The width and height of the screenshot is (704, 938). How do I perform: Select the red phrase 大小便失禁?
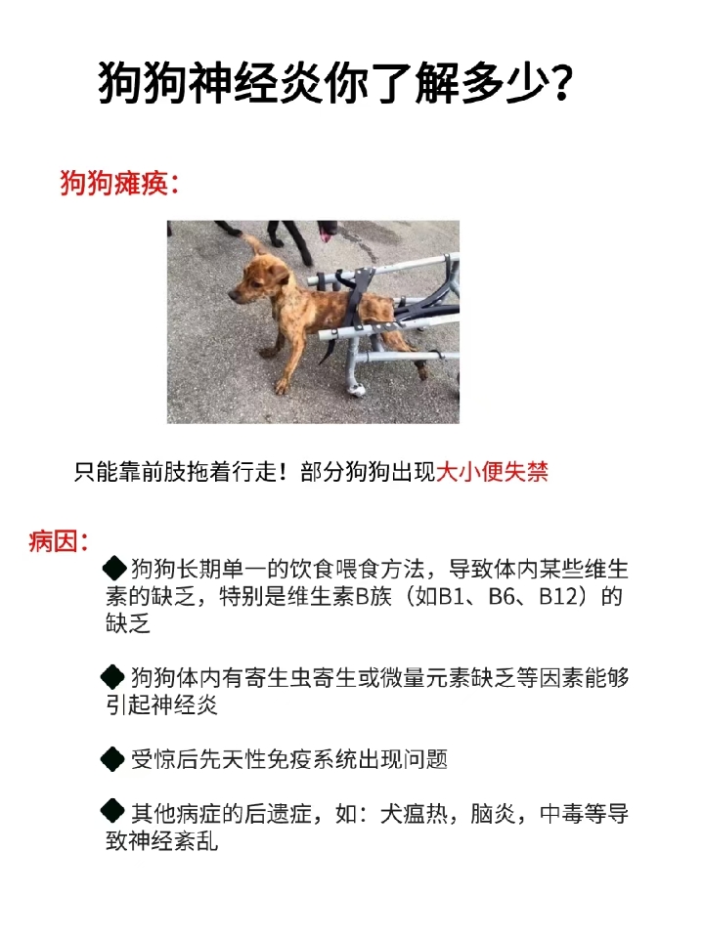pyautogui.click(x=492, y=473)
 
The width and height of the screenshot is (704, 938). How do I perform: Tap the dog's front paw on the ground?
pyautogui.click(x=282, y=387)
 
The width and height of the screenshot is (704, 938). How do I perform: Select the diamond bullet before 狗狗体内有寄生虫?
pyautogui.click(x=114, y=675)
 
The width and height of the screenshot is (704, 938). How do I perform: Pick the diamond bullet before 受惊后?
pyautogui.click(x=114, y=757)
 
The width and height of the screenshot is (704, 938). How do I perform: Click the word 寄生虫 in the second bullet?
pyautogui.click(x=285, y=677)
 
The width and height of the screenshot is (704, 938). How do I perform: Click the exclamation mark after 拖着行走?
pyautogui.click(x=284, y=473)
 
